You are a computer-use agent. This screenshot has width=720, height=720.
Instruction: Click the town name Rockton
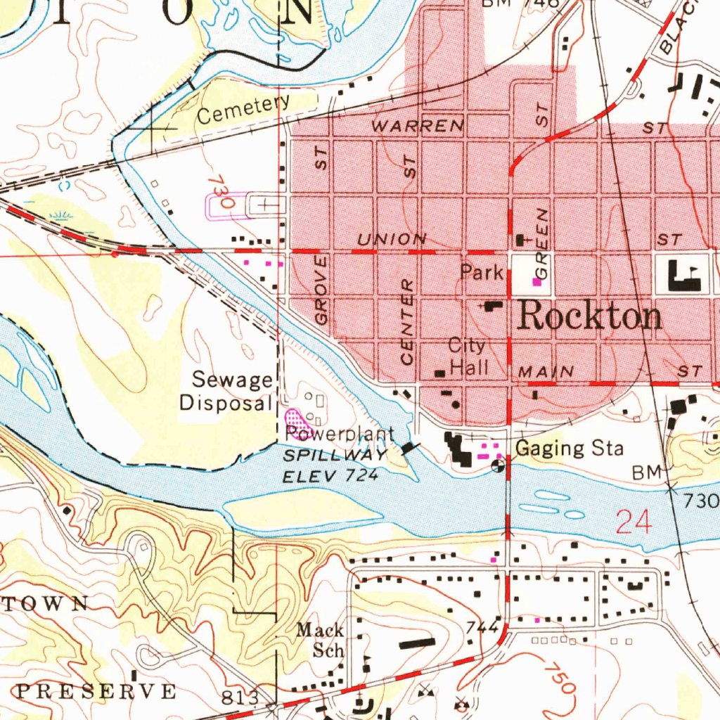[x=589, y=317]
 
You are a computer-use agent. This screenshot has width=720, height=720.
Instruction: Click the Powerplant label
[x=340, y=435]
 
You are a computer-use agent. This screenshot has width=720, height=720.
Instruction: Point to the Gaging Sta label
[x=569, y=448]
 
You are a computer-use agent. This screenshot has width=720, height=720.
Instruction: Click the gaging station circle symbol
[x=498, y=464]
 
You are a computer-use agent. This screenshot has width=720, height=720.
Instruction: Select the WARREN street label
[x=418, y=127]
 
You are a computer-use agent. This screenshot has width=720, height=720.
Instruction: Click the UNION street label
[x=392, y=240]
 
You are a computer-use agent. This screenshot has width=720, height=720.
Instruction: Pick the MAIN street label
[x=546, y=371]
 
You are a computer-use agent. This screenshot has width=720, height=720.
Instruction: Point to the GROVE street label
[x=321, y=290]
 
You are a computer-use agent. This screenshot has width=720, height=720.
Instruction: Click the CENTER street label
[x=406, y=322]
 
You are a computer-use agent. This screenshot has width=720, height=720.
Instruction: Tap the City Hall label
[x=468, y=356]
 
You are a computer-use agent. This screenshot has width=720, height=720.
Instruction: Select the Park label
[x=482, y=272]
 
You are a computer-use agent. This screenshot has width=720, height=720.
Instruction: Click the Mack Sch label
[x=320, y=639]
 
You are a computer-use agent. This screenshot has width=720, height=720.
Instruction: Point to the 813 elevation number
[x=239, y=697]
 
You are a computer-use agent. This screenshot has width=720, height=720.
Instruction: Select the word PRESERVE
[x=96, y=690]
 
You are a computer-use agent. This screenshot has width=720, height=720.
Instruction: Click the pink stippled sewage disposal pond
[x=298, y=423]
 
